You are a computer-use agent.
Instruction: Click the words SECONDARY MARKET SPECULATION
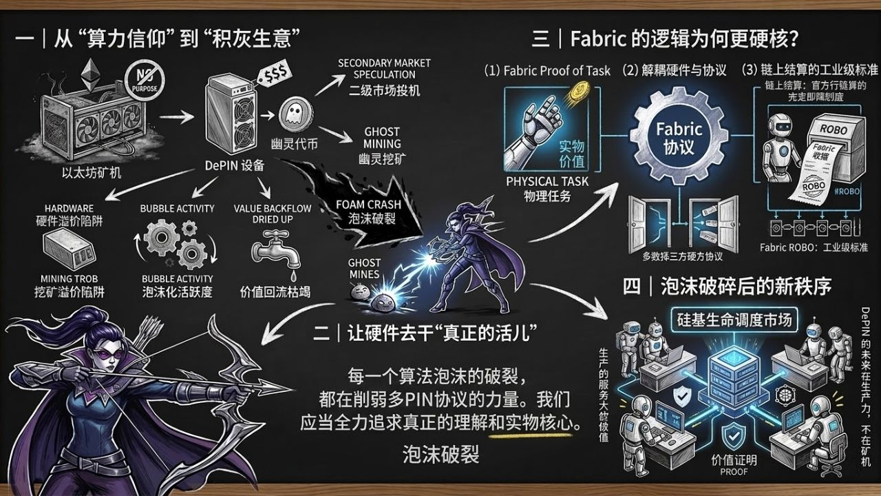[x=384, y=68]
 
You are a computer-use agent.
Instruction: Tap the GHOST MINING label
[x=382, y=137]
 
